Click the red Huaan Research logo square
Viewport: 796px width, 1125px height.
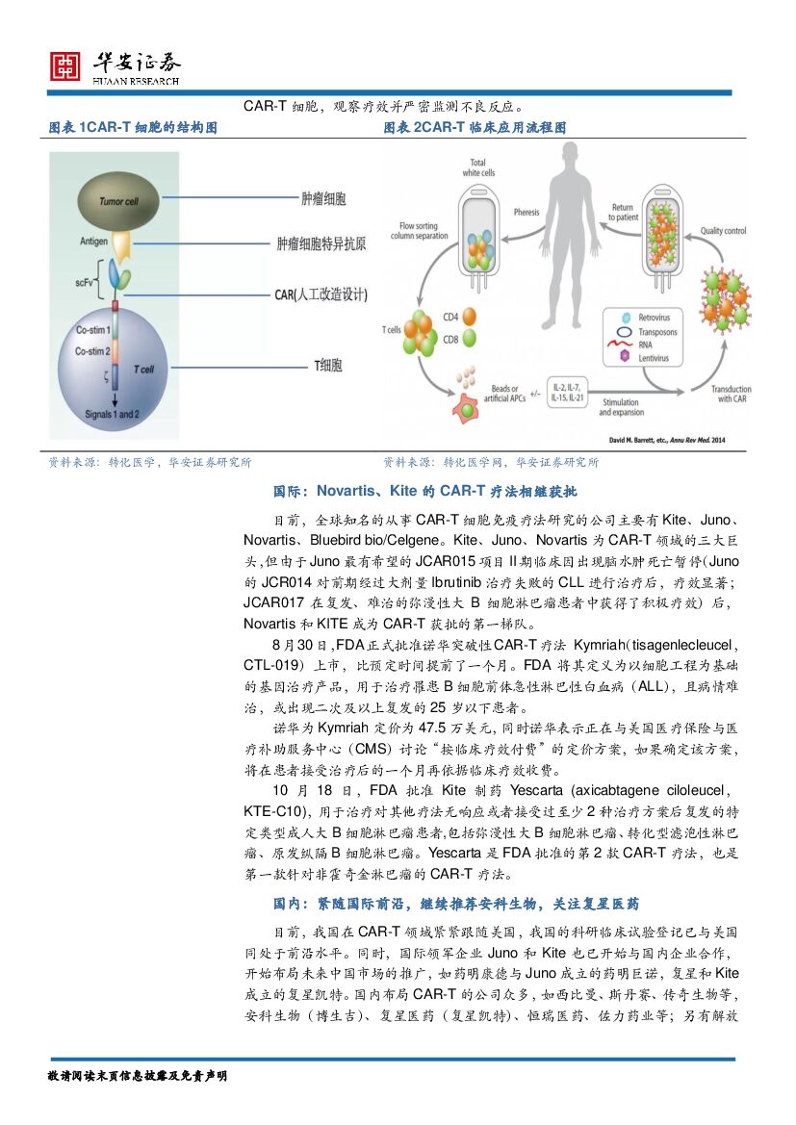click(65, 65)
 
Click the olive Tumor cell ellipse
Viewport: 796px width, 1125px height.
click(120, 200)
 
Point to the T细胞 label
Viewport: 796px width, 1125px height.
click(328, 366)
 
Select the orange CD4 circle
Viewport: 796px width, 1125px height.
click(470, 317)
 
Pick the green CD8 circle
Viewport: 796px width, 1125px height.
click(470, 338)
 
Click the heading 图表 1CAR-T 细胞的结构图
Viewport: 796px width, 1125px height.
click(133, 128)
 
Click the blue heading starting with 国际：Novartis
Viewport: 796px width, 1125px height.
click(424, 492)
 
